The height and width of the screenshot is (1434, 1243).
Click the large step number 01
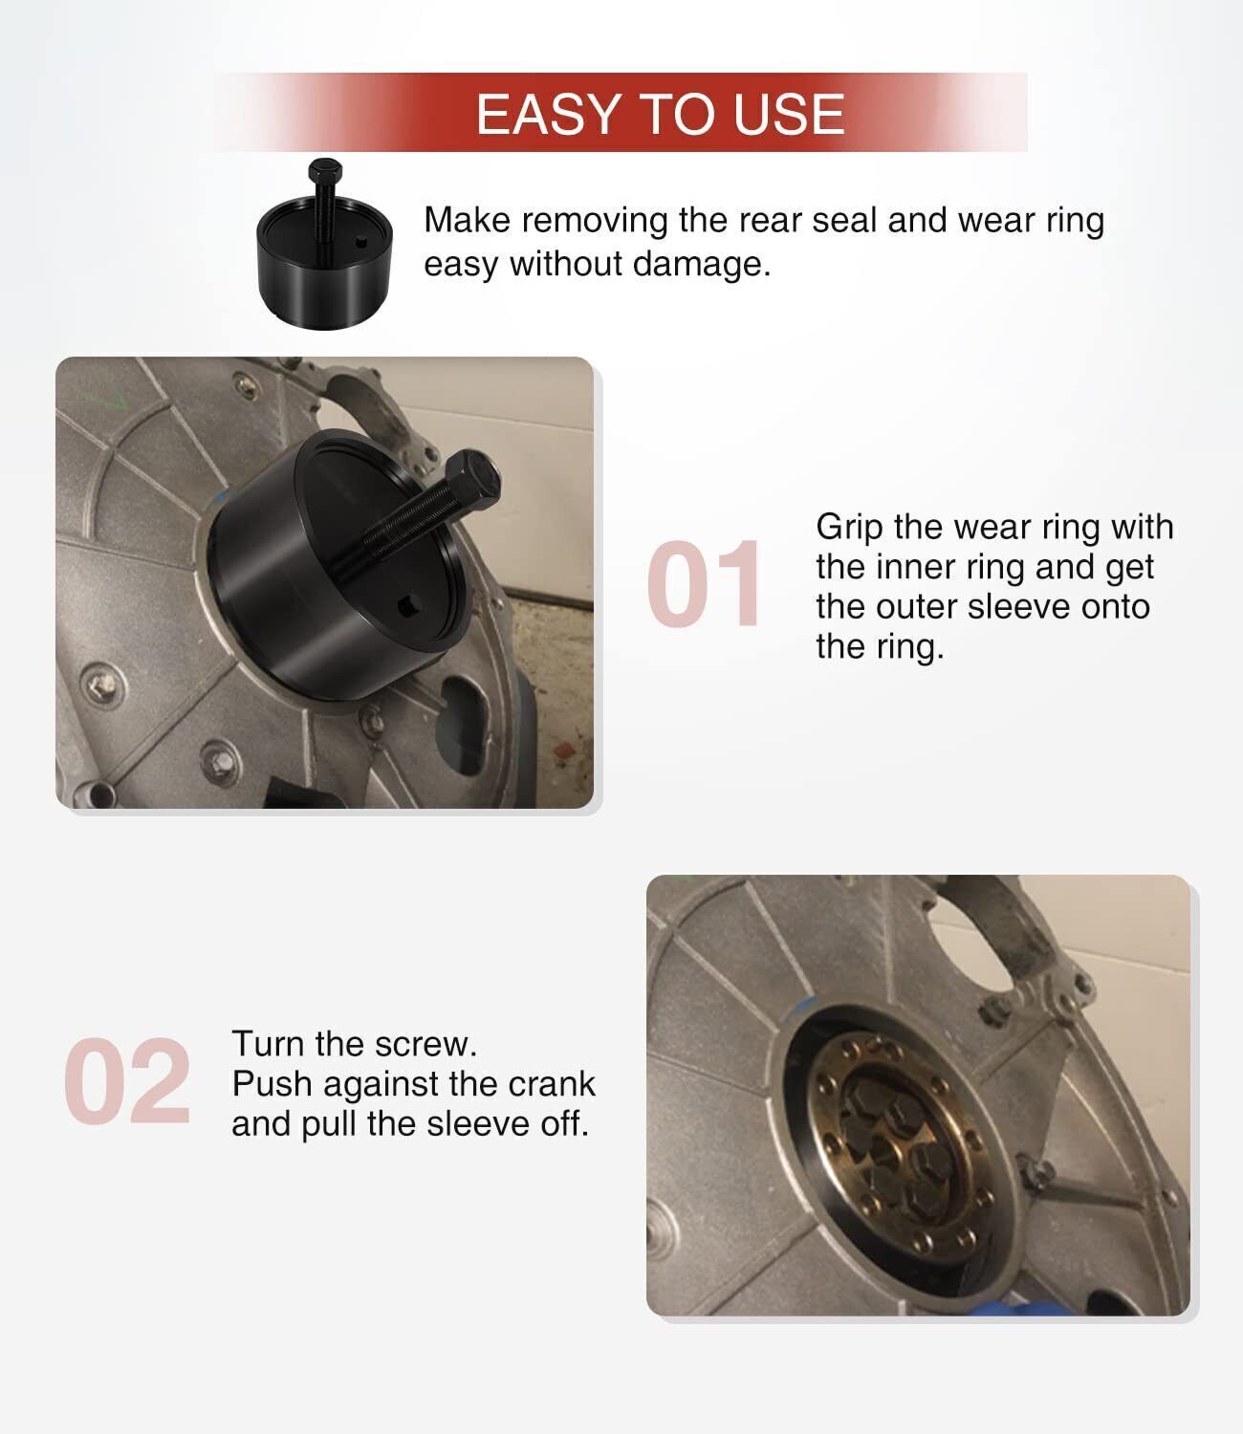pos(703,583)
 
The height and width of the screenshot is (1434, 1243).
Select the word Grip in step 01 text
pos(849,529)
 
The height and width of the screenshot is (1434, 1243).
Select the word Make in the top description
pos(467,221)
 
